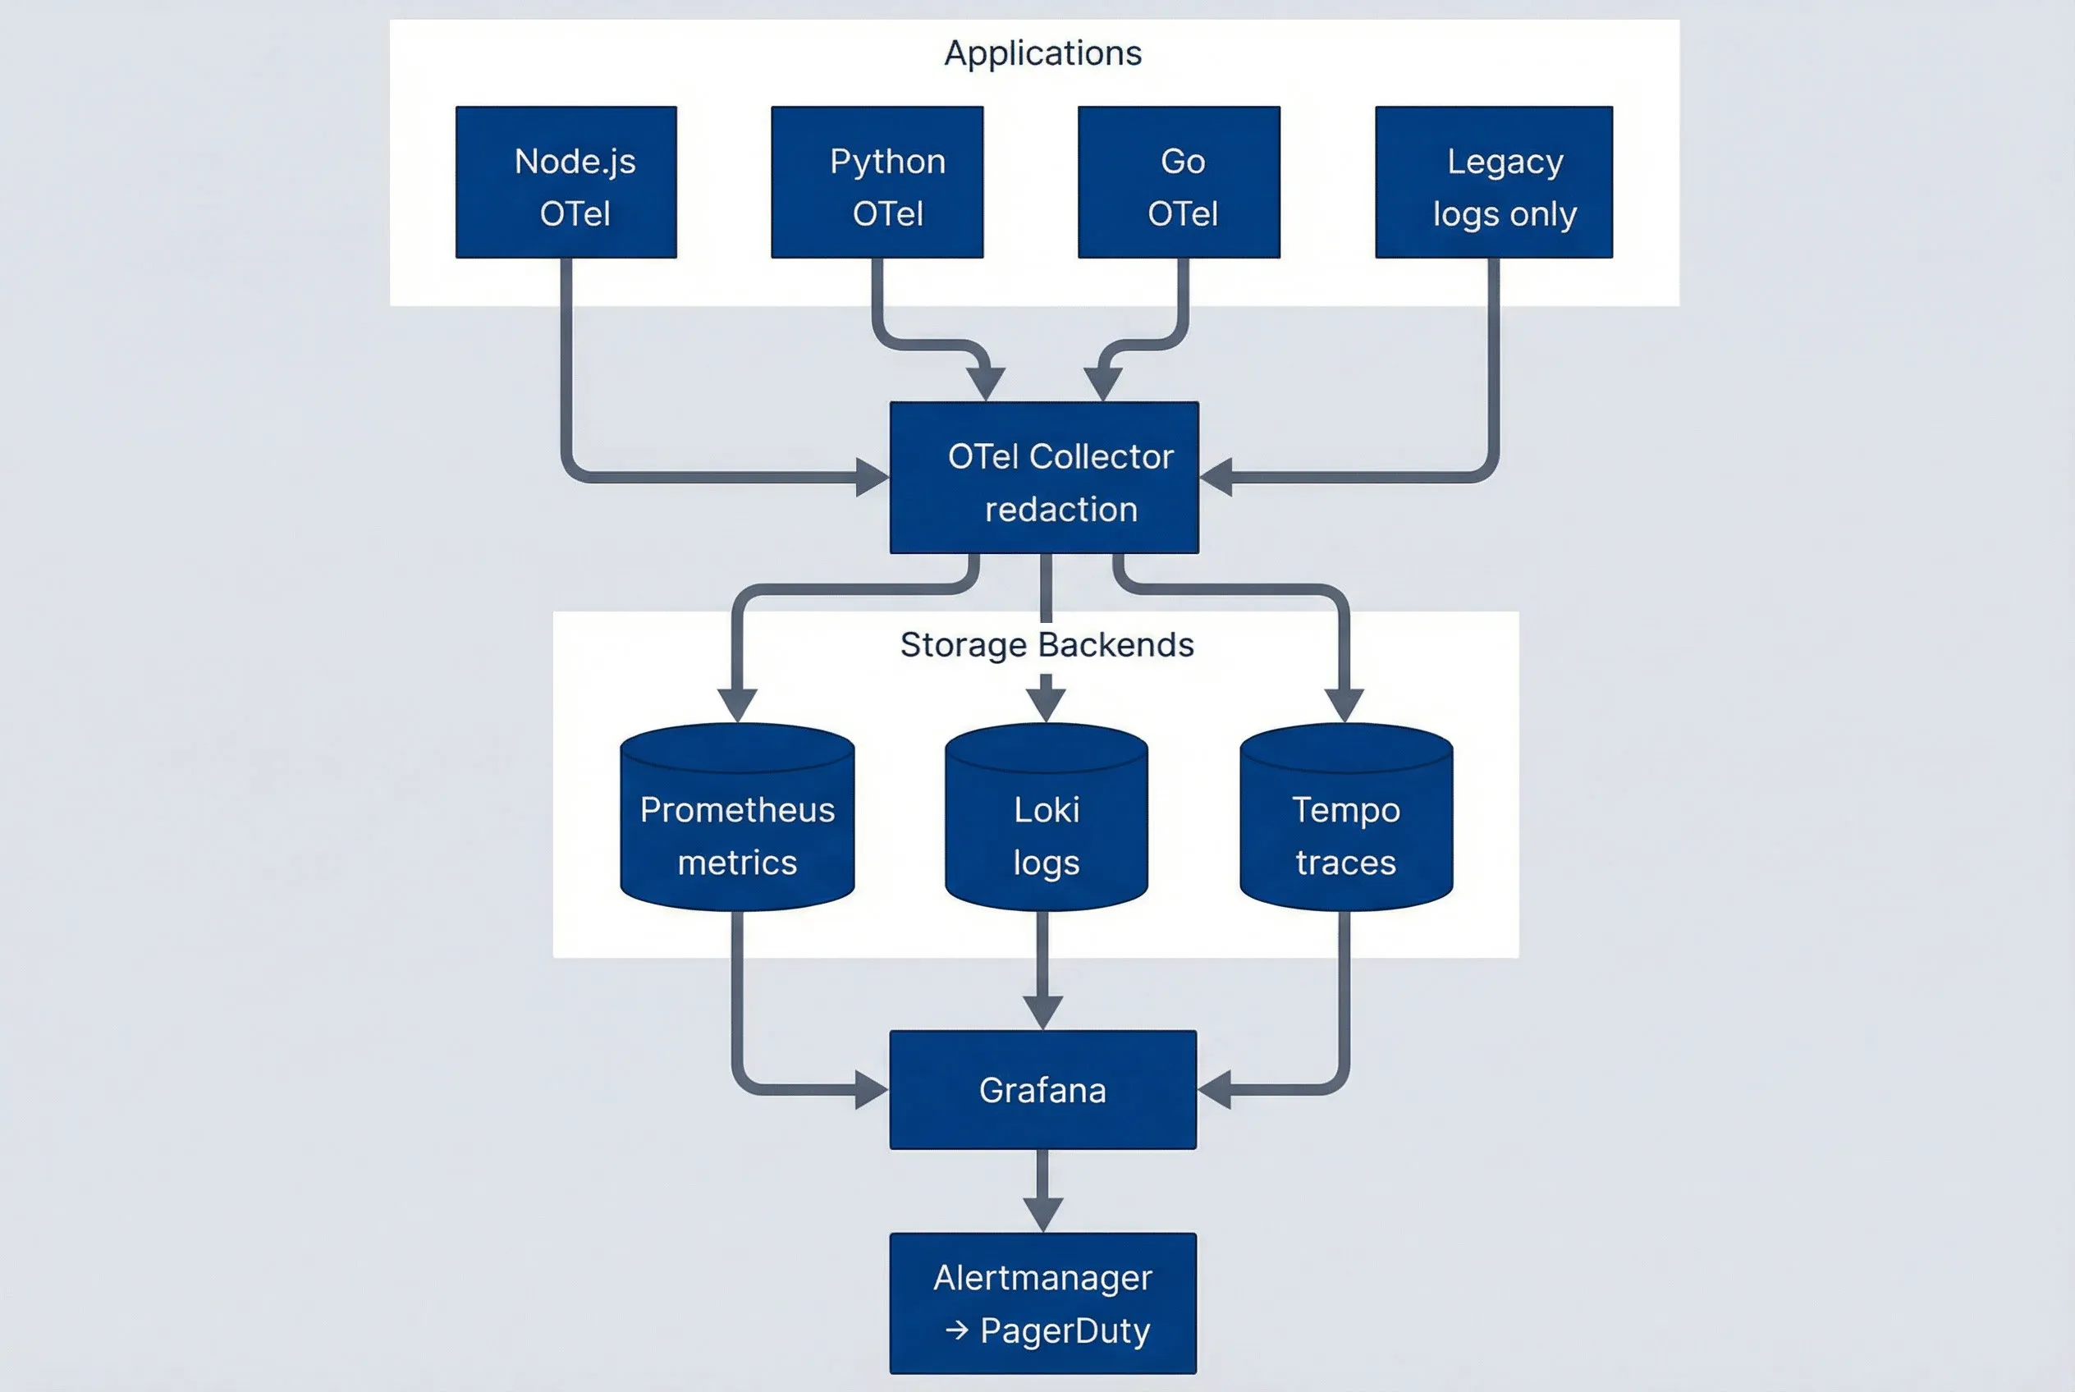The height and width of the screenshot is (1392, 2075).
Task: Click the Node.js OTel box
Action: tap(566, 182)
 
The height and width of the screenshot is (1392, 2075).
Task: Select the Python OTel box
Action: tap(877, 182)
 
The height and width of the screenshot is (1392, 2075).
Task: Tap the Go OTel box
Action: tap(1178, 182)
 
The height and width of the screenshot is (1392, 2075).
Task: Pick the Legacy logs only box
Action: tap(1493, 182)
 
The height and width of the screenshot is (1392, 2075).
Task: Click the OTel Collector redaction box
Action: tap(1044, 478)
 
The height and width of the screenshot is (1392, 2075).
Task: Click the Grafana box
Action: tap(1042, 1089)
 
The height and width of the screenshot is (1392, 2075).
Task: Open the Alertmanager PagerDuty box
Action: tap(1042, 1303)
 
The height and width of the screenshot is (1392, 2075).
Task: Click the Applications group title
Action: tap(1042, 53)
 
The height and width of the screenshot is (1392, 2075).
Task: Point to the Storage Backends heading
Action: tap(1046, 644)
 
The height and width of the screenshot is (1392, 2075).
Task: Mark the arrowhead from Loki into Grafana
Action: tap(1042, 1012)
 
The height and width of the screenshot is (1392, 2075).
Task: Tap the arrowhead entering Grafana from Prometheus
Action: tap(870, 1089)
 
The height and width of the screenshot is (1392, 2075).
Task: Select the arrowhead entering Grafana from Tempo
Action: tap(1215, 1089)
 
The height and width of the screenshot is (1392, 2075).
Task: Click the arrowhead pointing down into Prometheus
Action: tap(737, 705)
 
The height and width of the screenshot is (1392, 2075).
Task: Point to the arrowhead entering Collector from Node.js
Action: tap(871, 478)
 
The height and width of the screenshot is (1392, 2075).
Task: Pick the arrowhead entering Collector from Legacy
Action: tap(1216, 478)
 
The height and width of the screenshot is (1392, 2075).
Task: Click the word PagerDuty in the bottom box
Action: tap(1065, 1330)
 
